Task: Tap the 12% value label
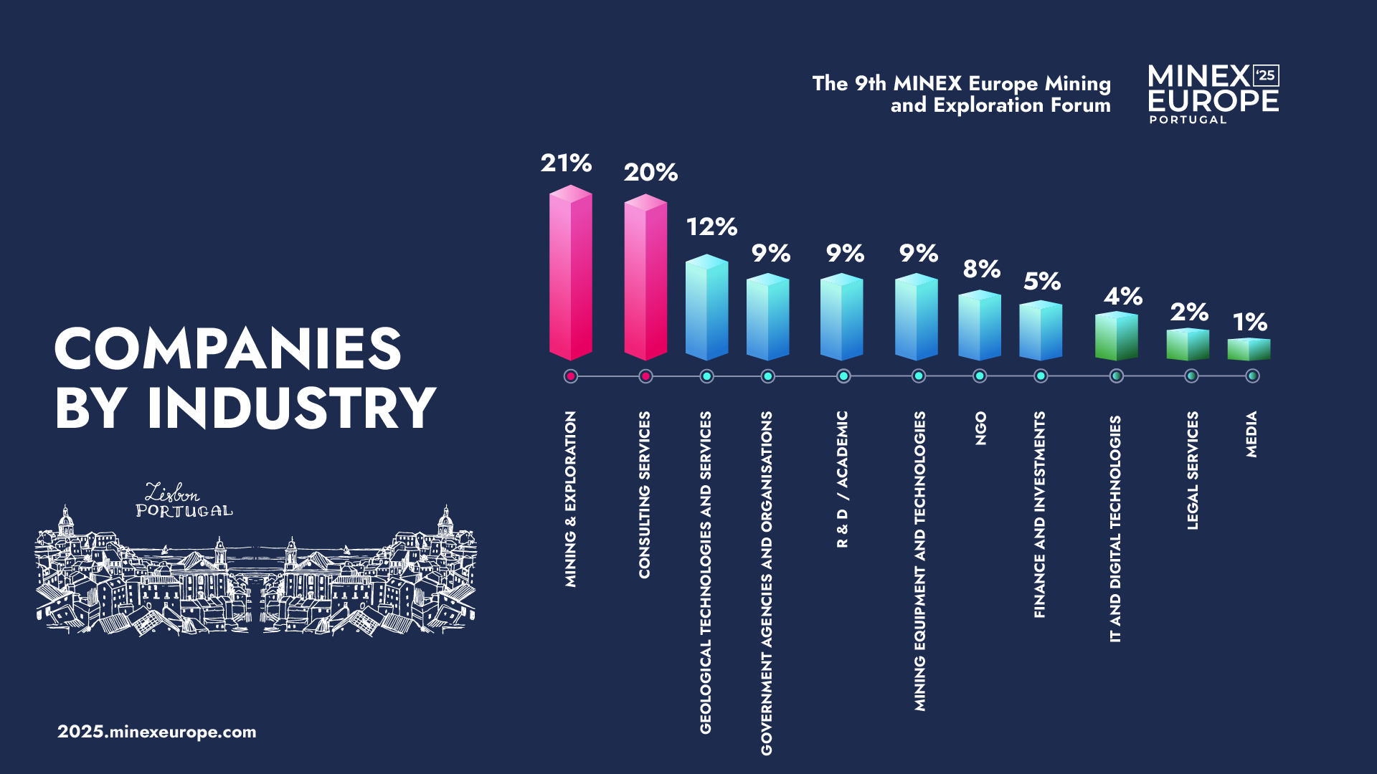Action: [x=711, y=227]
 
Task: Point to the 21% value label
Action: [x=566, y=163]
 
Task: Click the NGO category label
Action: [x=980, y=428]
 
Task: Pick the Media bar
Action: [x=1249, y=349]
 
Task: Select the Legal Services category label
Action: [x=1192, y=470]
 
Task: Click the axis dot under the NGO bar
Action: [x=980, y=376]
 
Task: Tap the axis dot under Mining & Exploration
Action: [x=571, y=376]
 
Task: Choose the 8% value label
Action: [x=981, y=269]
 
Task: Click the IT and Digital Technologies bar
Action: [x=1116, y=336]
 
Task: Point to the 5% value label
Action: [x=1041, y=282]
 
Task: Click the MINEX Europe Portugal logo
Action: [x=1213, y=94]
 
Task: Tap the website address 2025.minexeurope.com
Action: [x=157, y=732]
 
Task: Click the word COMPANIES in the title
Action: [x=227, y=349]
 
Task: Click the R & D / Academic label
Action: [x=842, y=479]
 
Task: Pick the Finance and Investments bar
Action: [x=1041, y=330]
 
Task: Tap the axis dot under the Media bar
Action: [x=1252, y=376]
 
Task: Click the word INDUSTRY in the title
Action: [x=291, y=408]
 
